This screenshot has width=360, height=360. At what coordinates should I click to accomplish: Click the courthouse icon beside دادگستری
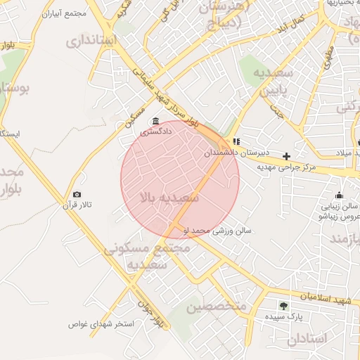point(155,121)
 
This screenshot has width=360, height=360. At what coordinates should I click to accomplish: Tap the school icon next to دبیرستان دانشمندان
point(236,141)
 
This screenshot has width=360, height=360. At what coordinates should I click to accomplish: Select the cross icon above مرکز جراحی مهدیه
point(286,156)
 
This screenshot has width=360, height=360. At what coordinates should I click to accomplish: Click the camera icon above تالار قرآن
point(77,195)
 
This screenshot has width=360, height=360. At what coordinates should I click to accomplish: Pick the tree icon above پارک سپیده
point(283,306)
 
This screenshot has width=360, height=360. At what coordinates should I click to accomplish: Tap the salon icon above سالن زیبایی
point(340,195)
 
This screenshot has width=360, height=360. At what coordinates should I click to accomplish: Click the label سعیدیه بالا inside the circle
point(170,198)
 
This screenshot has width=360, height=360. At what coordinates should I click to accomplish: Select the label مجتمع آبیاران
point(64,14)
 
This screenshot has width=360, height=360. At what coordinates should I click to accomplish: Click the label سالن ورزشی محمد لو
point(217,230)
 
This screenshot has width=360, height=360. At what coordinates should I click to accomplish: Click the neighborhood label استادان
point(307,338)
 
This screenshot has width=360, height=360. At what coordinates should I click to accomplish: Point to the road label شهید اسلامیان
point(324,300)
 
